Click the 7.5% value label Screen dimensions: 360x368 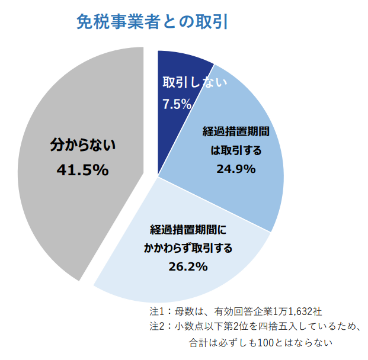(177, 104)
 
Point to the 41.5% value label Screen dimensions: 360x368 (82, 170)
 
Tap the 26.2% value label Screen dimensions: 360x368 (188, 266)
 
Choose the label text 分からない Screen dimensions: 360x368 (82, 143)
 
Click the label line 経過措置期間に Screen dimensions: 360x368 (188, 229)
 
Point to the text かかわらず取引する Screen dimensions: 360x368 (188, 247)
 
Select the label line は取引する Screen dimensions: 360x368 (236, 150)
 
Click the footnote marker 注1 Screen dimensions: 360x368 (158, 311)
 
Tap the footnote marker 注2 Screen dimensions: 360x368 (158, 326)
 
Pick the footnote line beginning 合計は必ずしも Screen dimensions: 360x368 (261, 342)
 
